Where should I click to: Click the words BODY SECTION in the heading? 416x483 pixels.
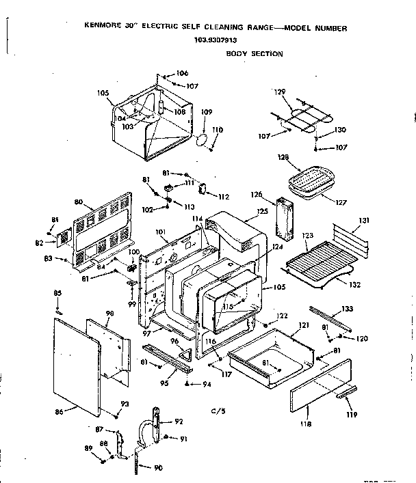255,53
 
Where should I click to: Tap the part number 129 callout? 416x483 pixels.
279,92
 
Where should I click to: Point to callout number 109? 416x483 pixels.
207,112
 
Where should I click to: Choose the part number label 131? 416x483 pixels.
364,220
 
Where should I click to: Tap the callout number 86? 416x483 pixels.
59,411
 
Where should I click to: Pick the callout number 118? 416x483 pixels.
305,424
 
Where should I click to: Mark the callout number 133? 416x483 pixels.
348,308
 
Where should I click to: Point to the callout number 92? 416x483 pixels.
179,422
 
